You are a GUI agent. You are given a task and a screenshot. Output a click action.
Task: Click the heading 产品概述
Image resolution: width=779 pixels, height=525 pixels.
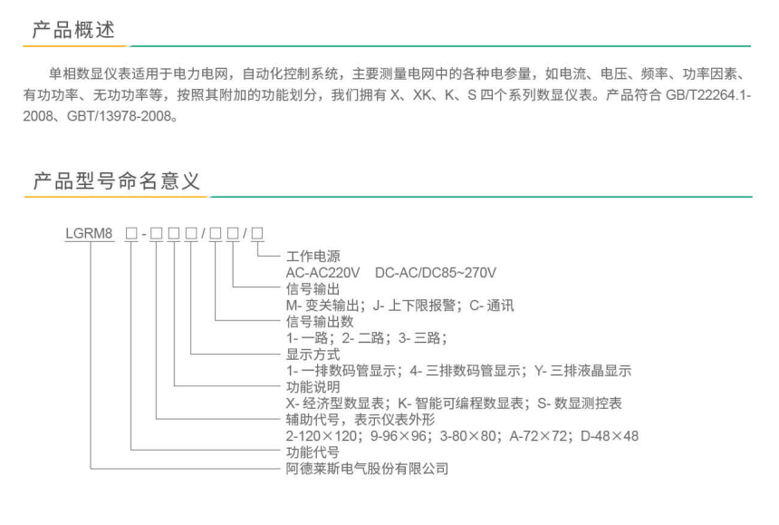point(73,30)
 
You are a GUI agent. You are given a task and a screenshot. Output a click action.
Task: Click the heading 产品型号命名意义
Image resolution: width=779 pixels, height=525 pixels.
point(116,180)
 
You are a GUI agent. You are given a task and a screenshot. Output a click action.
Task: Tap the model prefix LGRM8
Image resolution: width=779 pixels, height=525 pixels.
point(90,233)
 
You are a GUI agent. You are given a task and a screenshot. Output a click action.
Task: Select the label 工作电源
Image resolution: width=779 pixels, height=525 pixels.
point(313,257)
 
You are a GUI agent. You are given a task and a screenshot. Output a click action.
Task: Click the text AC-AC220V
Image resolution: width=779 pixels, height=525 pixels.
point(322,272)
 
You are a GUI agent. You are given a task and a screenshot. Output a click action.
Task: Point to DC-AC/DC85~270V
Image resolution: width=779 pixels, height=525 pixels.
point(435,272)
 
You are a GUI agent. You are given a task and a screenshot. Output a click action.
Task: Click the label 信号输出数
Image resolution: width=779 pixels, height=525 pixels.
point(320,322)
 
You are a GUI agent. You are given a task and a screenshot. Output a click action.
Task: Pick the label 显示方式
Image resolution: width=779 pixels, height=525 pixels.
point(313,355)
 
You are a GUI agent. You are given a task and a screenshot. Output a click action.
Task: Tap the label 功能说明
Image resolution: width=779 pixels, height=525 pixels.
point(313,387)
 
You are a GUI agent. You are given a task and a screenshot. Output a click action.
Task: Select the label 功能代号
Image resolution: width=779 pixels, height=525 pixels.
point(313,452)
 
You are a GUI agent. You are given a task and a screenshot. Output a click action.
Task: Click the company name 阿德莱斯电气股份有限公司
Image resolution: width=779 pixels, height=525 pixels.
point(367,469)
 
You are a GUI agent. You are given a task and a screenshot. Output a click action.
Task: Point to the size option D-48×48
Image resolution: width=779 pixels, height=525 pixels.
point(609,436)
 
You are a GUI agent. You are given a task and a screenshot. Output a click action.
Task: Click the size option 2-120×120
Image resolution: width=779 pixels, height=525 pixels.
point(322,436)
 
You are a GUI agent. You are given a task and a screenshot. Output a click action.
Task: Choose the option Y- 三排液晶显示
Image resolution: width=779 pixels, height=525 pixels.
point(582,370)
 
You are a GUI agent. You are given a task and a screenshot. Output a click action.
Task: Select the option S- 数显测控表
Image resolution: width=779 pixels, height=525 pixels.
point(580,403)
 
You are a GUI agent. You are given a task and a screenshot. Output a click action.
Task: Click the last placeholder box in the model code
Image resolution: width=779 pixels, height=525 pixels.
point(257,233)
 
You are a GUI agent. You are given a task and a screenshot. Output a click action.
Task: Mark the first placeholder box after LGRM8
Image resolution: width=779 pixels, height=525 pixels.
point(131,233)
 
